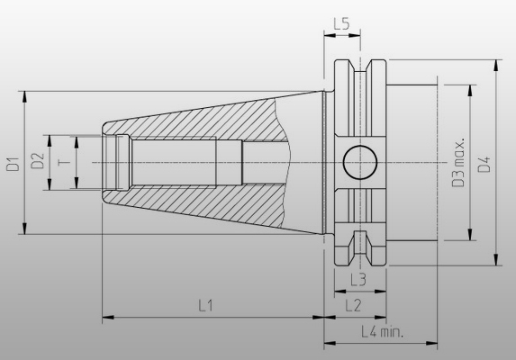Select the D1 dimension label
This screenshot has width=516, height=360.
pyautogui.click(x=13, y=163)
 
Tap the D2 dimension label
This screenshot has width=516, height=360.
pyautogui.click(x=37, y=162)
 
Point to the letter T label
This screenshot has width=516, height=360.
pyautogui.click(x=61, y=162)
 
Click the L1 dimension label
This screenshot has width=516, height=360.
pyautogui.click(x=205, y=305)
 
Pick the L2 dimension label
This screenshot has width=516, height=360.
pyautogui.click(x=353, y=305)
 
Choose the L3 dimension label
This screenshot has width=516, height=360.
pyautogui.click(x=357, y=280)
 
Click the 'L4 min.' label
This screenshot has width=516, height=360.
pyautogui.click(x=381, y=331)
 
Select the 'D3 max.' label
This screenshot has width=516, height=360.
pyautogui.click(x=457, y=163)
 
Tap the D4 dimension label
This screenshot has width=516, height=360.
pyautogui.click(x=484, y=163)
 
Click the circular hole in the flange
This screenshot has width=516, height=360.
pyautogui.click(x=360, y=163)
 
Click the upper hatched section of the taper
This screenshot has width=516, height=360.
pyautogui.click(x=207, y=117)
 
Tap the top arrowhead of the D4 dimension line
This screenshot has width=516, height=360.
pyautogui.click(x=496, y=65)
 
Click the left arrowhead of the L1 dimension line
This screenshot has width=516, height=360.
pyautogui.click(x=106, y=317)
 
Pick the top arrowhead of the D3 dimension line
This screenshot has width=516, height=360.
pyautogui.click(x=468, y=88)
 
